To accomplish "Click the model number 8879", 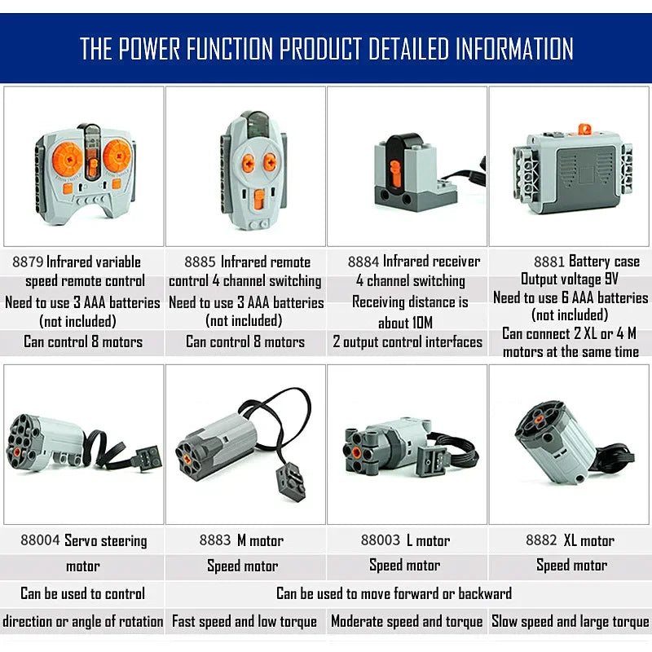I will (28, 262).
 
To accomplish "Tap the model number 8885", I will (200, 262).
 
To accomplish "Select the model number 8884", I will (363, 262).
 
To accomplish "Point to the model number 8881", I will (549, 262).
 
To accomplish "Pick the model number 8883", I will (214, 541).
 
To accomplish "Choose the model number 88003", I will (380, 541).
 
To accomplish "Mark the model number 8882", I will (541, 541).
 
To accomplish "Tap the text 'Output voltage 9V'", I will (570, 280).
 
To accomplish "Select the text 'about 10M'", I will (405, 323).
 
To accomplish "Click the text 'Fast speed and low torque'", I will (244, 622).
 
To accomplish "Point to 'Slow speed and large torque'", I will (570, 622).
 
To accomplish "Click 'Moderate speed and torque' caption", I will (407, 622).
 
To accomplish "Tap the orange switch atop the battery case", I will (584, 129).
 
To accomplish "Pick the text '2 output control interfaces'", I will (407, 342).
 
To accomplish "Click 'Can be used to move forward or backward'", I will (394, 594).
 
